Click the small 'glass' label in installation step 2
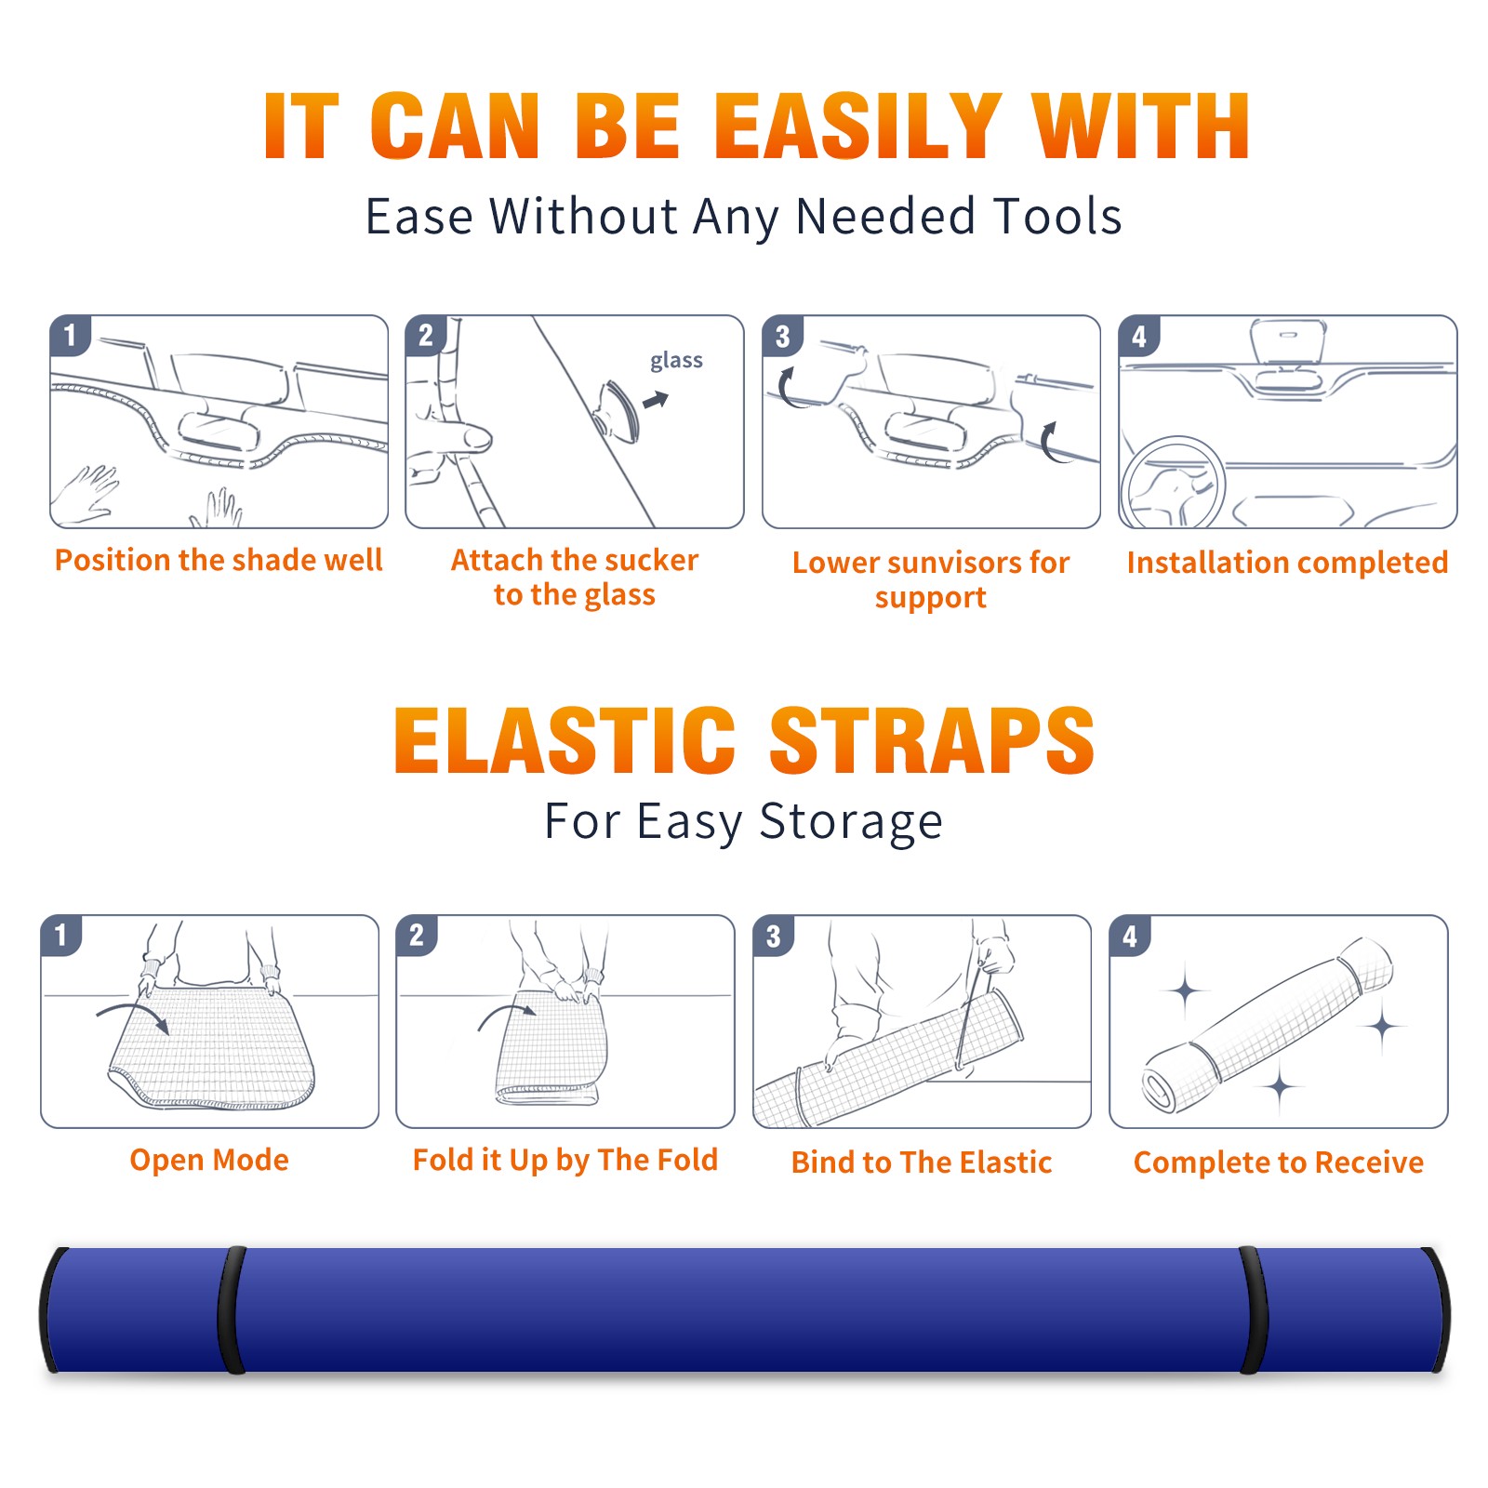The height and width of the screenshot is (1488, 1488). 676,361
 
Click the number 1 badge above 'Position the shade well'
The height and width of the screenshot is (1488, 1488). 70,335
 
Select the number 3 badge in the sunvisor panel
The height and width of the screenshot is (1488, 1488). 782,336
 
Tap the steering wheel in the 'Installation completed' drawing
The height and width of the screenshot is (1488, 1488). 1173,483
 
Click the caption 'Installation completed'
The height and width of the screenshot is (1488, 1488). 1287,562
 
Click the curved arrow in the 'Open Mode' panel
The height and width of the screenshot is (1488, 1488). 133,1016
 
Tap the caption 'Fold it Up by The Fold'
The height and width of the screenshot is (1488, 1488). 565,1160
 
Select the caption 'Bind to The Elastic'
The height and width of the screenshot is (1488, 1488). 922,1162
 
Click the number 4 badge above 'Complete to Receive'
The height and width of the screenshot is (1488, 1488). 1130,936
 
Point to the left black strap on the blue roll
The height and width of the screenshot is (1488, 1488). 232,1309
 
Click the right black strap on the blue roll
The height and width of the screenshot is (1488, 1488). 1253,1309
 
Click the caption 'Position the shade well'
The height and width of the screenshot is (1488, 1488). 219,560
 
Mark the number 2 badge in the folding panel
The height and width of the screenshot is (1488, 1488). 417,936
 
